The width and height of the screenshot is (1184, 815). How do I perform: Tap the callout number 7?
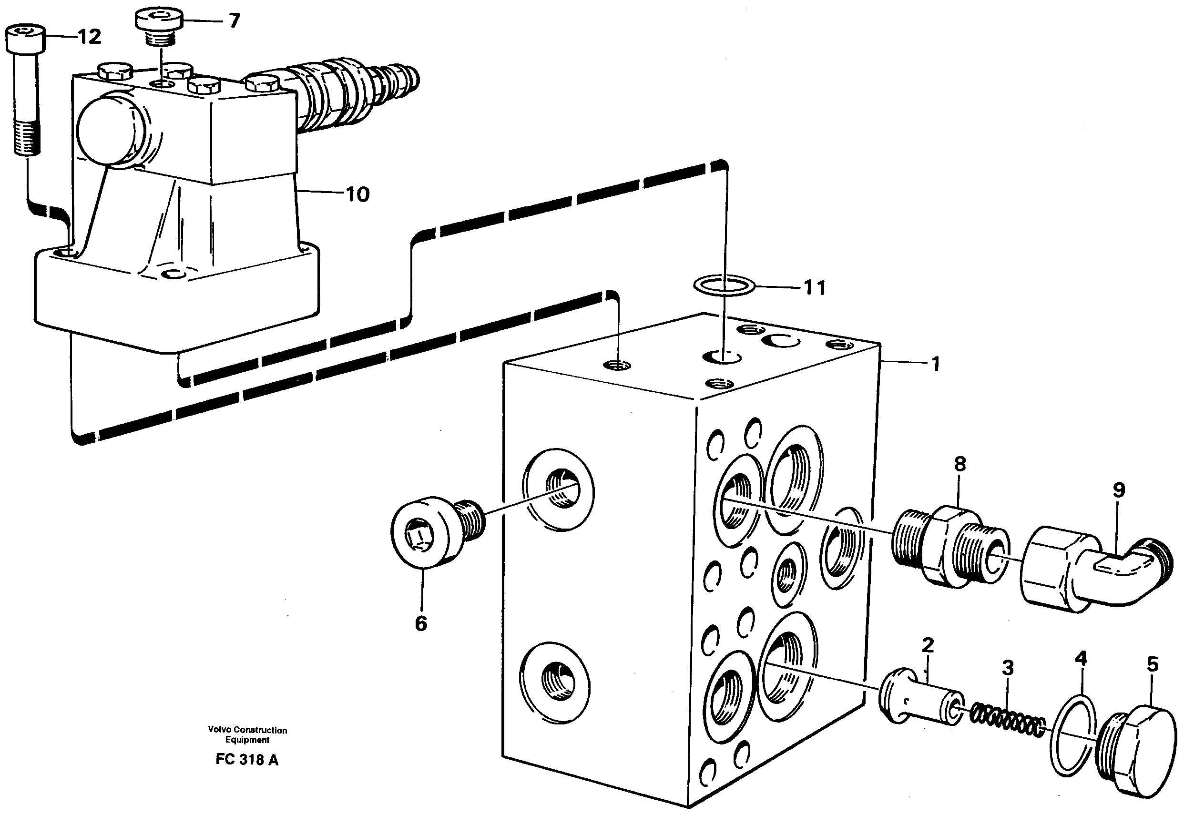pos(234,21)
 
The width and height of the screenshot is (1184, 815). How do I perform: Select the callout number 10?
pos(357,194)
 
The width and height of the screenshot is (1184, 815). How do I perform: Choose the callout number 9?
pos(1119,490)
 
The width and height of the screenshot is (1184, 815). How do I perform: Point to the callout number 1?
pos(935,364)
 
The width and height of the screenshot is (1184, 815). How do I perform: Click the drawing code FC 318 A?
pos(247,759)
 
